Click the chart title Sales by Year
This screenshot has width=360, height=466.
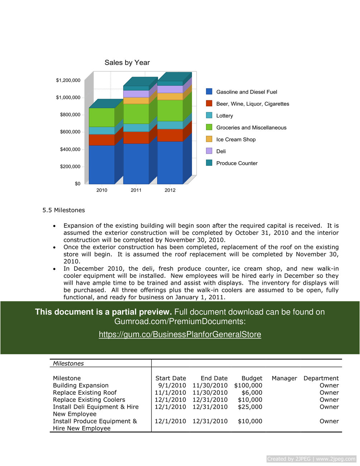pos(127,63)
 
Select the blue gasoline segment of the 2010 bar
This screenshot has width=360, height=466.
pos(101,164)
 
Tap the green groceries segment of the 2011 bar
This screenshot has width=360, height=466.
pos(136,114)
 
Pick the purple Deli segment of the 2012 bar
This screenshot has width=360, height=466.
pos(170,89)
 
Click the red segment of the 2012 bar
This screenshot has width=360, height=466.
pos(170,135)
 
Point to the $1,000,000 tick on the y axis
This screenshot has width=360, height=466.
pos(68,97)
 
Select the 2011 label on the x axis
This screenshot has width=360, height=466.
pos(136,190)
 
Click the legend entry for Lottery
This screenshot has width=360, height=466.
pos(225,116)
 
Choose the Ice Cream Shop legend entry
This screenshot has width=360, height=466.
pos(236,139)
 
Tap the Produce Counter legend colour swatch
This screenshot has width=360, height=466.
pos(209,163)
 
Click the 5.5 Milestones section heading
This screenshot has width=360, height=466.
pos(64,210)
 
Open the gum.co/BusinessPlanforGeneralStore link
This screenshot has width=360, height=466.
pos(180,334)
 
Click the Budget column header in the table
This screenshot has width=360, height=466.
pos(252,378)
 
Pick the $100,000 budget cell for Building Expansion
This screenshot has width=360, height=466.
pos(248,385)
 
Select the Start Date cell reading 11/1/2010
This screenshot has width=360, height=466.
pos(170,393)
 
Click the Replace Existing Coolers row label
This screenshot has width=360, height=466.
pos(89,400)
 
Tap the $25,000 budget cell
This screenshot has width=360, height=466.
pos(250,407)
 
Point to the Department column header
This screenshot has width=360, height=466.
pos(321,378)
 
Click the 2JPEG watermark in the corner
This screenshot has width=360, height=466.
pos(311,459)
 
